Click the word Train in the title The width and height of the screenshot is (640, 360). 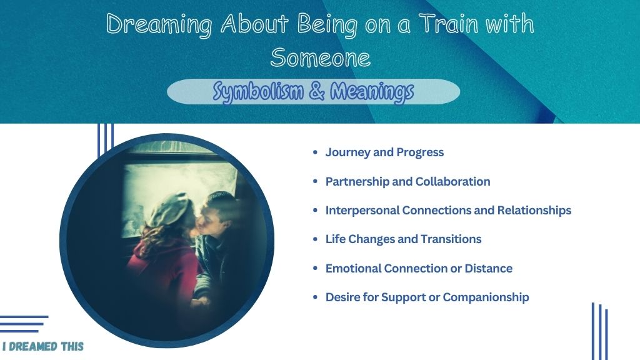(449, 24)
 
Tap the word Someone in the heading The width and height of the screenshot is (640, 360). (321, 57)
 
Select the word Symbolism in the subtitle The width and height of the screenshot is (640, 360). (258, 91)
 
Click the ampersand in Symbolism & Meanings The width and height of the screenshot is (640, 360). (317, 91)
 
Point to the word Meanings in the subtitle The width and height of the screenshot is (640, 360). (372, 92)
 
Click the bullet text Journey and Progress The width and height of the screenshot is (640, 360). (384, 152)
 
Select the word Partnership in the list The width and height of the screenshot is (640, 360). (357, 182)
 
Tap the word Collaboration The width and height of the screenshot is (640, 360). (452, 181)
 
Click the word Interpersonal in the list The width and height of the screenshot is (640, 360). (362, 211)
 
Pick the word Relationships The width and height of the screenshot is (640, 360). (534, 211)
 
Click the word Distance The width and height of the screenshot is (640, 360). (488, 268)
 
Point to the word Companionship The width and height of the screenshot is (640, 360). (486, 297)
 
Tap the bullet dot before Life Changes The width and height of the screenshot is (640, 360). (315, 239)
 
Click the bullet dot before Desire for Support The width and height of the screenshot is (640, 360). (315, 297)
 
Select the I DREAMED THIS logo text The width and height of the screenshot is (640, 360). (43, 346)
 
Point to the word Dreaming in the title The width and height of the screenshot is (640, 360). (159, 24)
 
